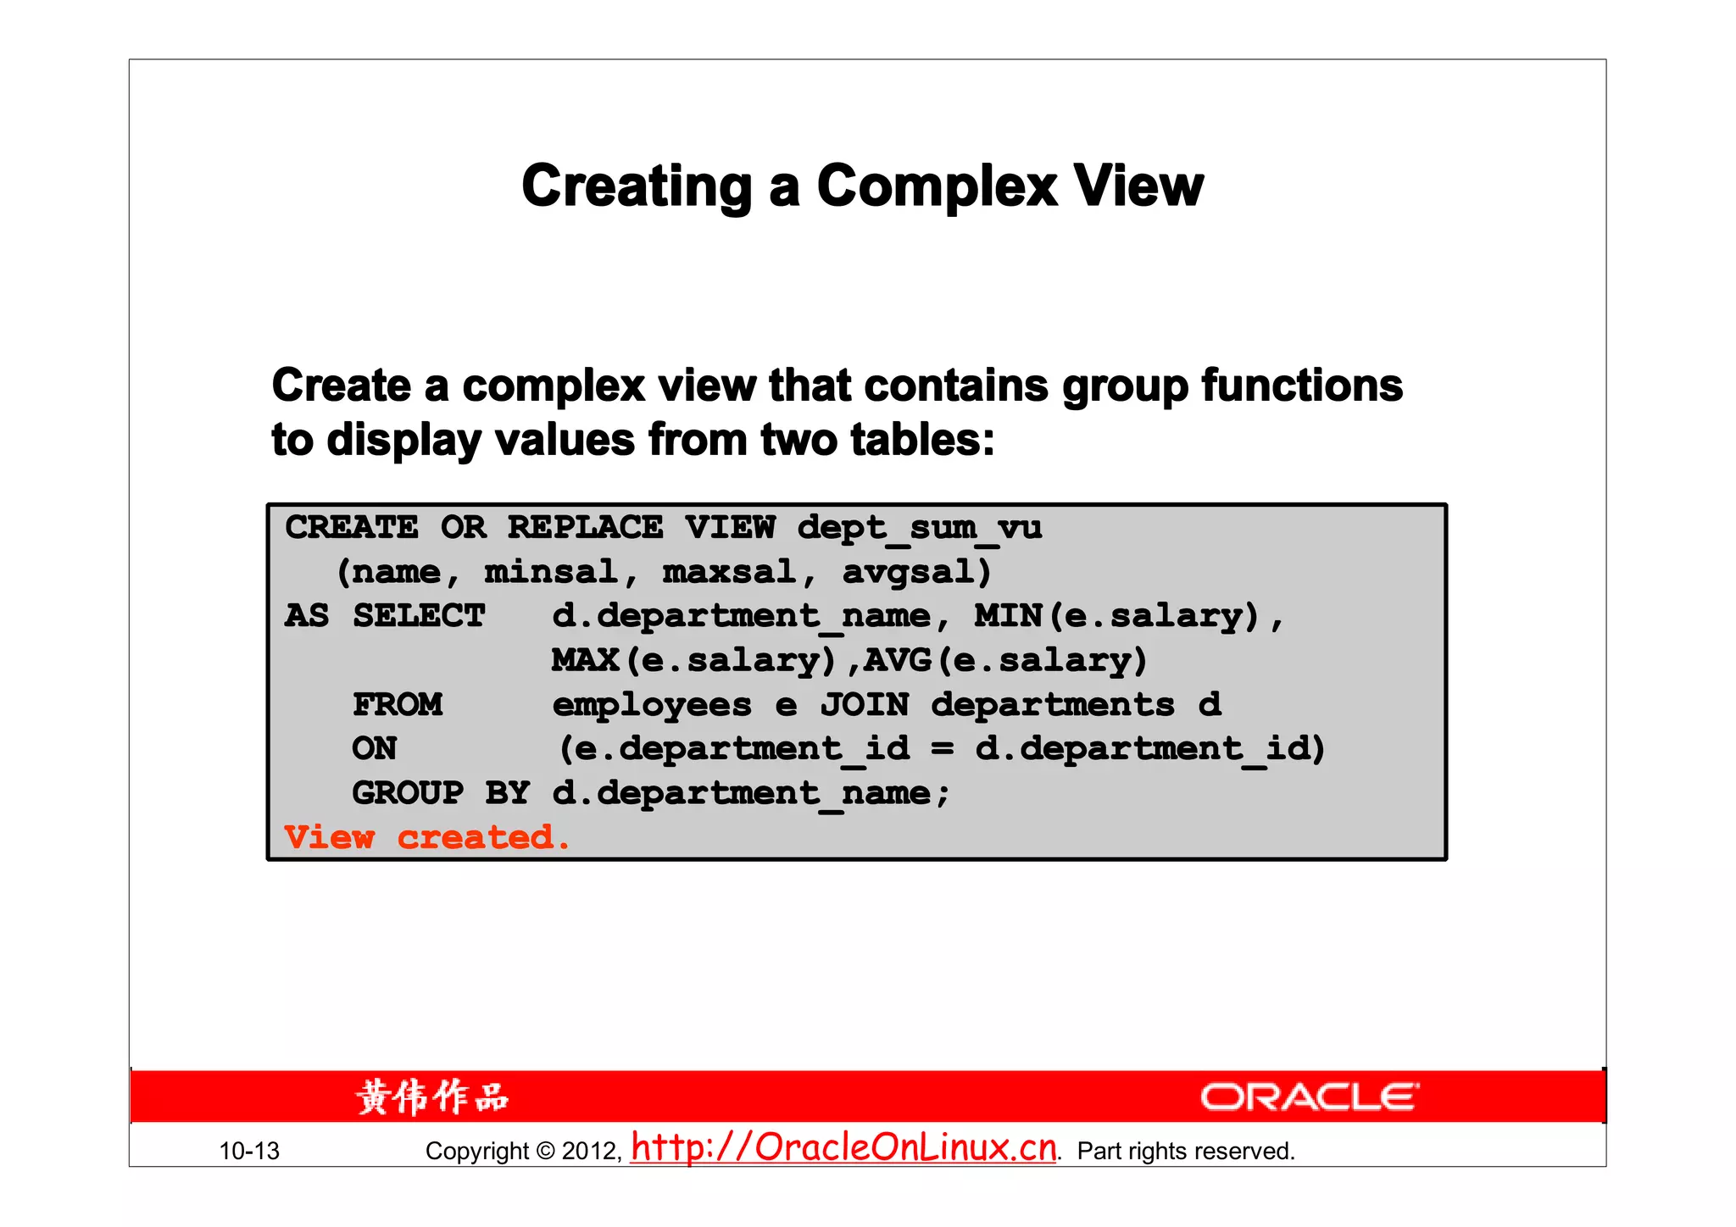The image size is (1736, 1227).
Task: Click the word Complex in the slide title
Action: (x=937, y=186)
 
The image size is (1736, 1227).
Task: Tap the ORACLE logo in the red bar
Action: (x=1309, y=1097)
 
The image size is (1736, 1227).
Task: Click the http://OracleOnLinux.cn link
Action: (x=843, y=1147)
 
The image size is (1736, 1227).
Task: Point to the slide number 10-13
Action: (x=249, y=1151)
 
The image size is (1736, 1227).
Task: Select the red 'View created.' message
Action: (x=426, y=837)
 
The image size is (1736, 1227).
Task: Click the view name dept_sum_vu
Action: (x=919, y=527)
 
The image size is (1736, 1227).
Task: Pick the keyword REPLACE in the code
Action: (x=585, y=527)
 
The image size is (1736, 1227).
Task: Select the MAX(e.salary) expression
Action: (x=693, y=660)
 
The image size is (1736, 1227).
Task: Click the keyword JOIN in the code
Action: (x=864, y=704)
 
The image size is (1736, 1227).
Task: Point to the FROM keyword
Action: (x=398, y=704)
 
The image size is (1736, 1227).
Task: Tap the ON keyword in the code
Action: (x=374, y=748)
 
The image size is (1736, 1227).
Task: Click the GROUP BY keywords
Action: (x=441, y=793)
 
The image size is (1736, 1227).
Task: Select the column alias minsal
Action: (x=550, y=572)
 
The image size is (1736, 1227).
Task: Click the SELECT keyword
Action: (x=419, y=616)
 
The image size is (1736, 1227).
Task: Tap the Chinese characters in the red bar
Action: (x=432, y=1097)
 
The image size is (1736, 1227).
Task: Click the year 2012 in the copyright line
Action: (x=591, y=1151)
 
